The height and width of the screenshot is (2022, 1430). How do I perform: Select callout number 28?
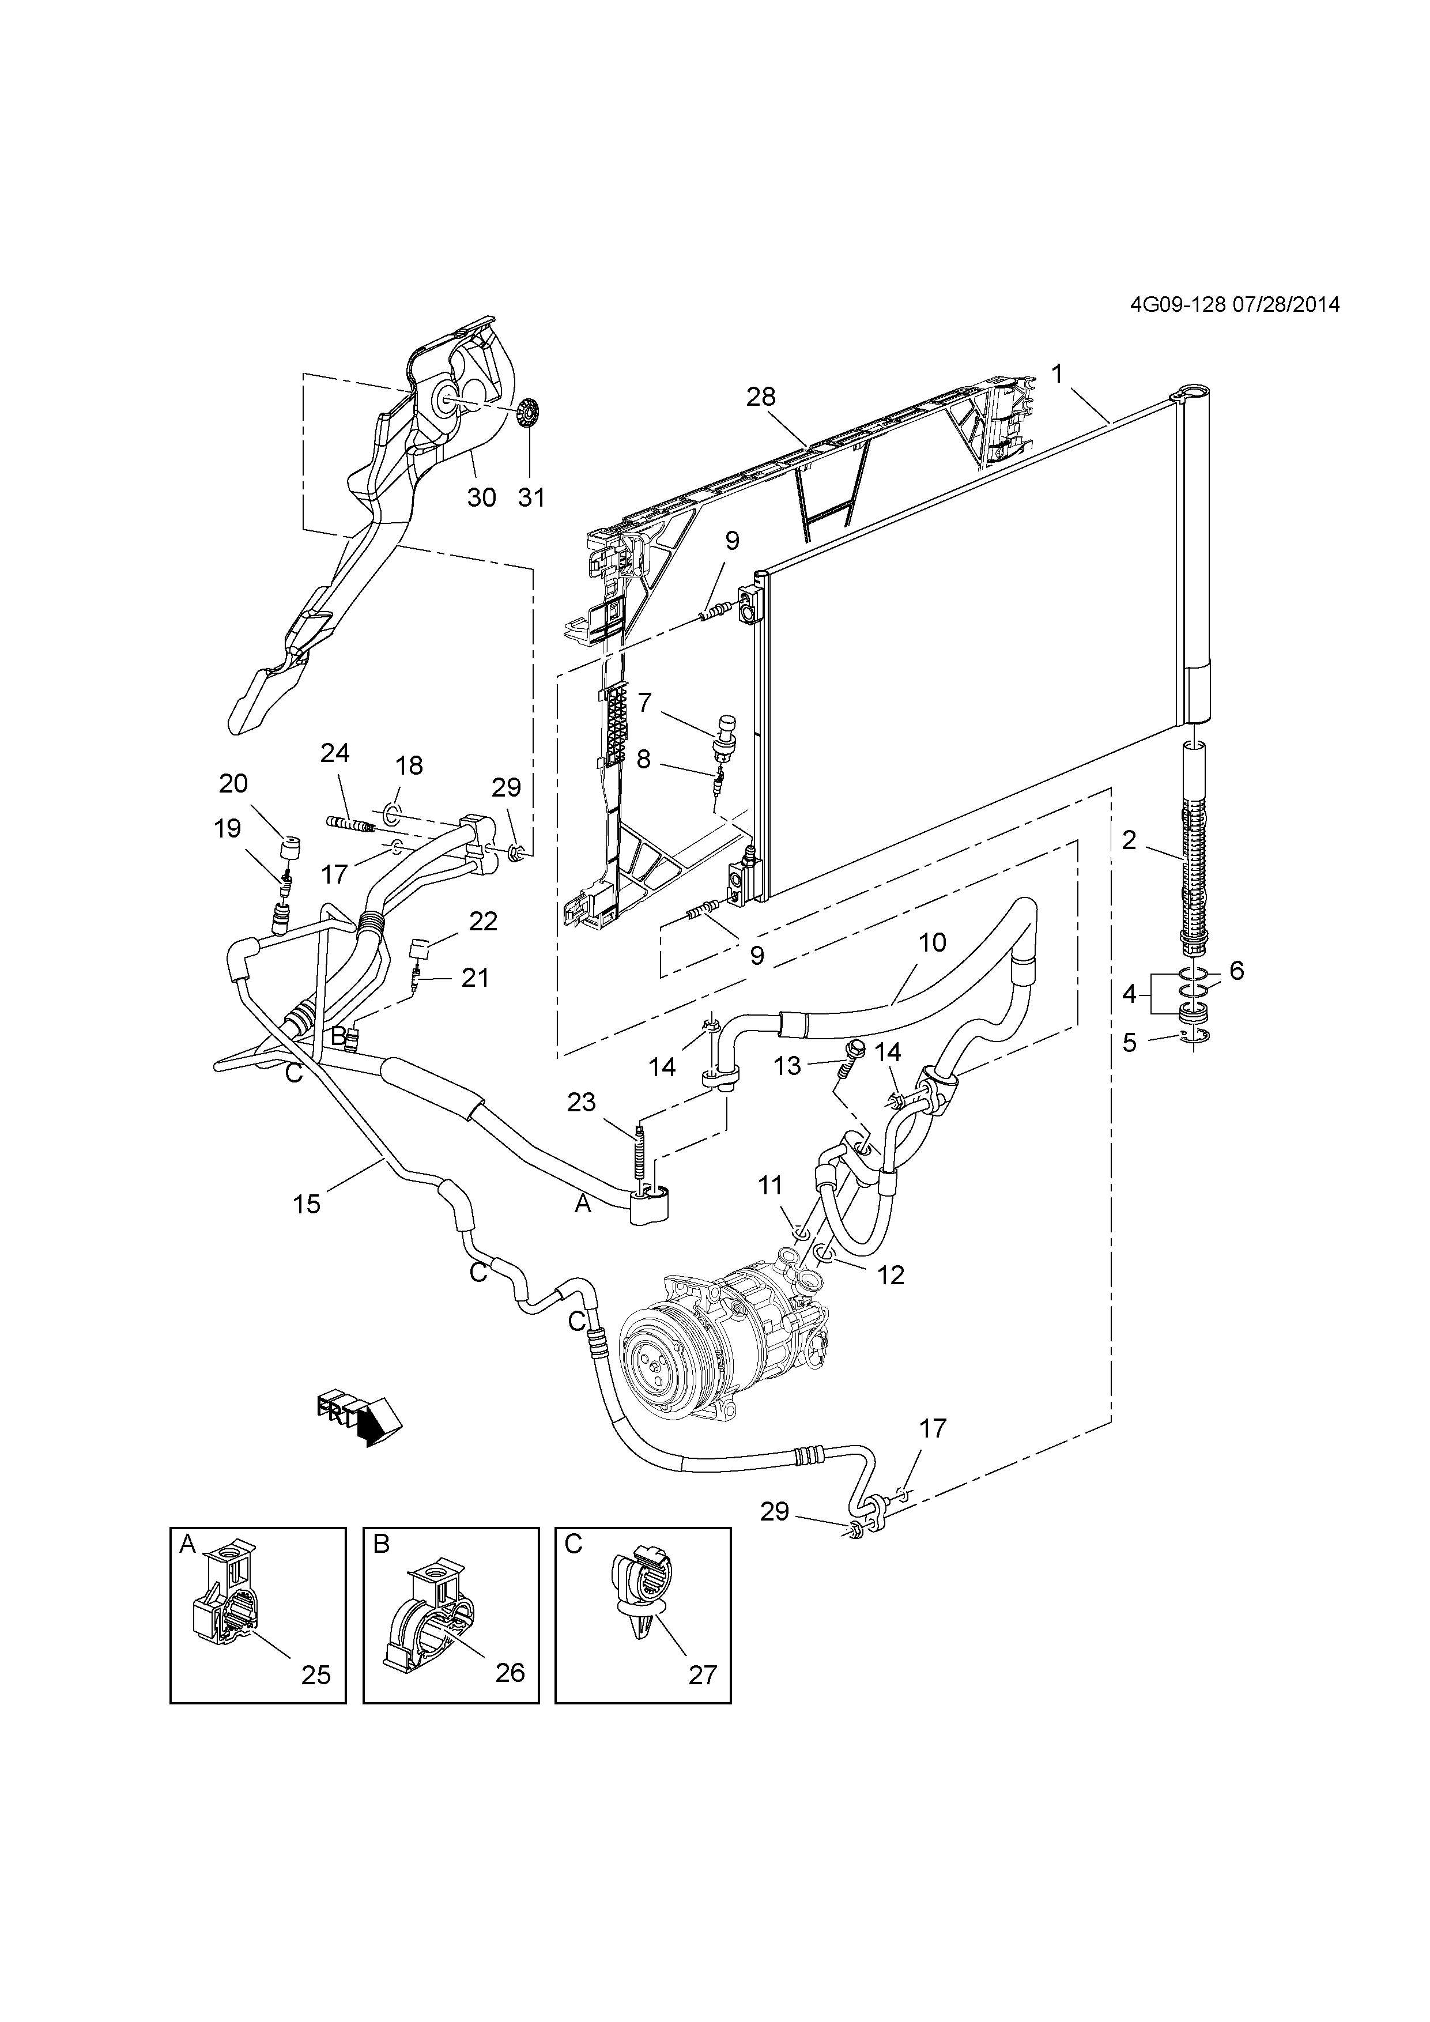point(761,397)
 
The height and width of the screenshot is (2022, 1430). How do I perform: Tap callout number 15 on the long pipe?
point(307,1204)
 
